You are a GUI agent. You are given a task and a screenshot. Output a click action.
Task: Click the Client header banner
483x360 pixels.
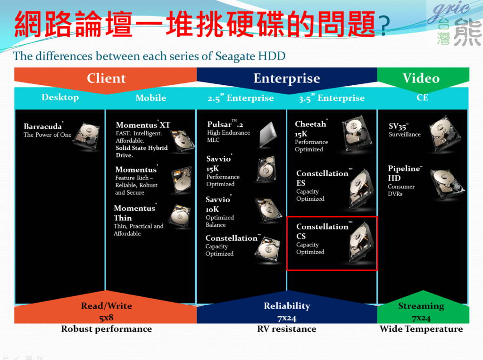click(x=106, y=78)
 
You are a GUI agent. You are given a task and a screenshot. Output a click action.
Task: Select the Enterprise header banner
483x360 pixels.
click(x=286, y=78)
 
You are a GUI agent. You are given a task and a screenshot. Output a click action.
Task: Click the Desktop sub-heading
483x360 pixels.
click(x=60, y=98)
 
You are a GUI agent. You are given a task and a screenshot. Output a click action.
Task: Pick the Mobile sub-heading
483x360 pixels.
click(x=150, y=98)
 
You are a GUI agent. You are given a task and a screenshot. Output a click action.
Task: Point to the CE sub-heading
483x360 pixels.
click(x=422, y=98)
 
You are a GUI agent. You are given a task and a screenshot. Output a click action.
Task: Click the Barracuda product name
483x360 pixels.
click(x=43, y=126)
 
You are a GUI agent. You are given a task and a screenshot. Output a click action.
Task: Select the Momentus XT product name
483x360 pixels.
click(x=143, y=125)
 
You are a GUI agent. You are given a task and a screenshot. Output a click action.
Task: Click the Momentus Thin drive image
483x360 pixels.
click(x=179, y=216)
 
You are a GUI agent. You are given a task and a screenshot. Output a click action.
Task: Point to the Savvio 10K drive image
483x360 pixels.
click(x=268, y=210)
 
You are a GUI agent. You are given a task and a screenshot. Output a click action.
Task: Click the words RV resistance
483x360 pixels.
click(x=286, y=329)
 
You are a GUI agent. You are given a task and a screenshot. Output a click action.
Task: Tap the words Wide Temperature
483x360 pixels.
click(x=421, y=329)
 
